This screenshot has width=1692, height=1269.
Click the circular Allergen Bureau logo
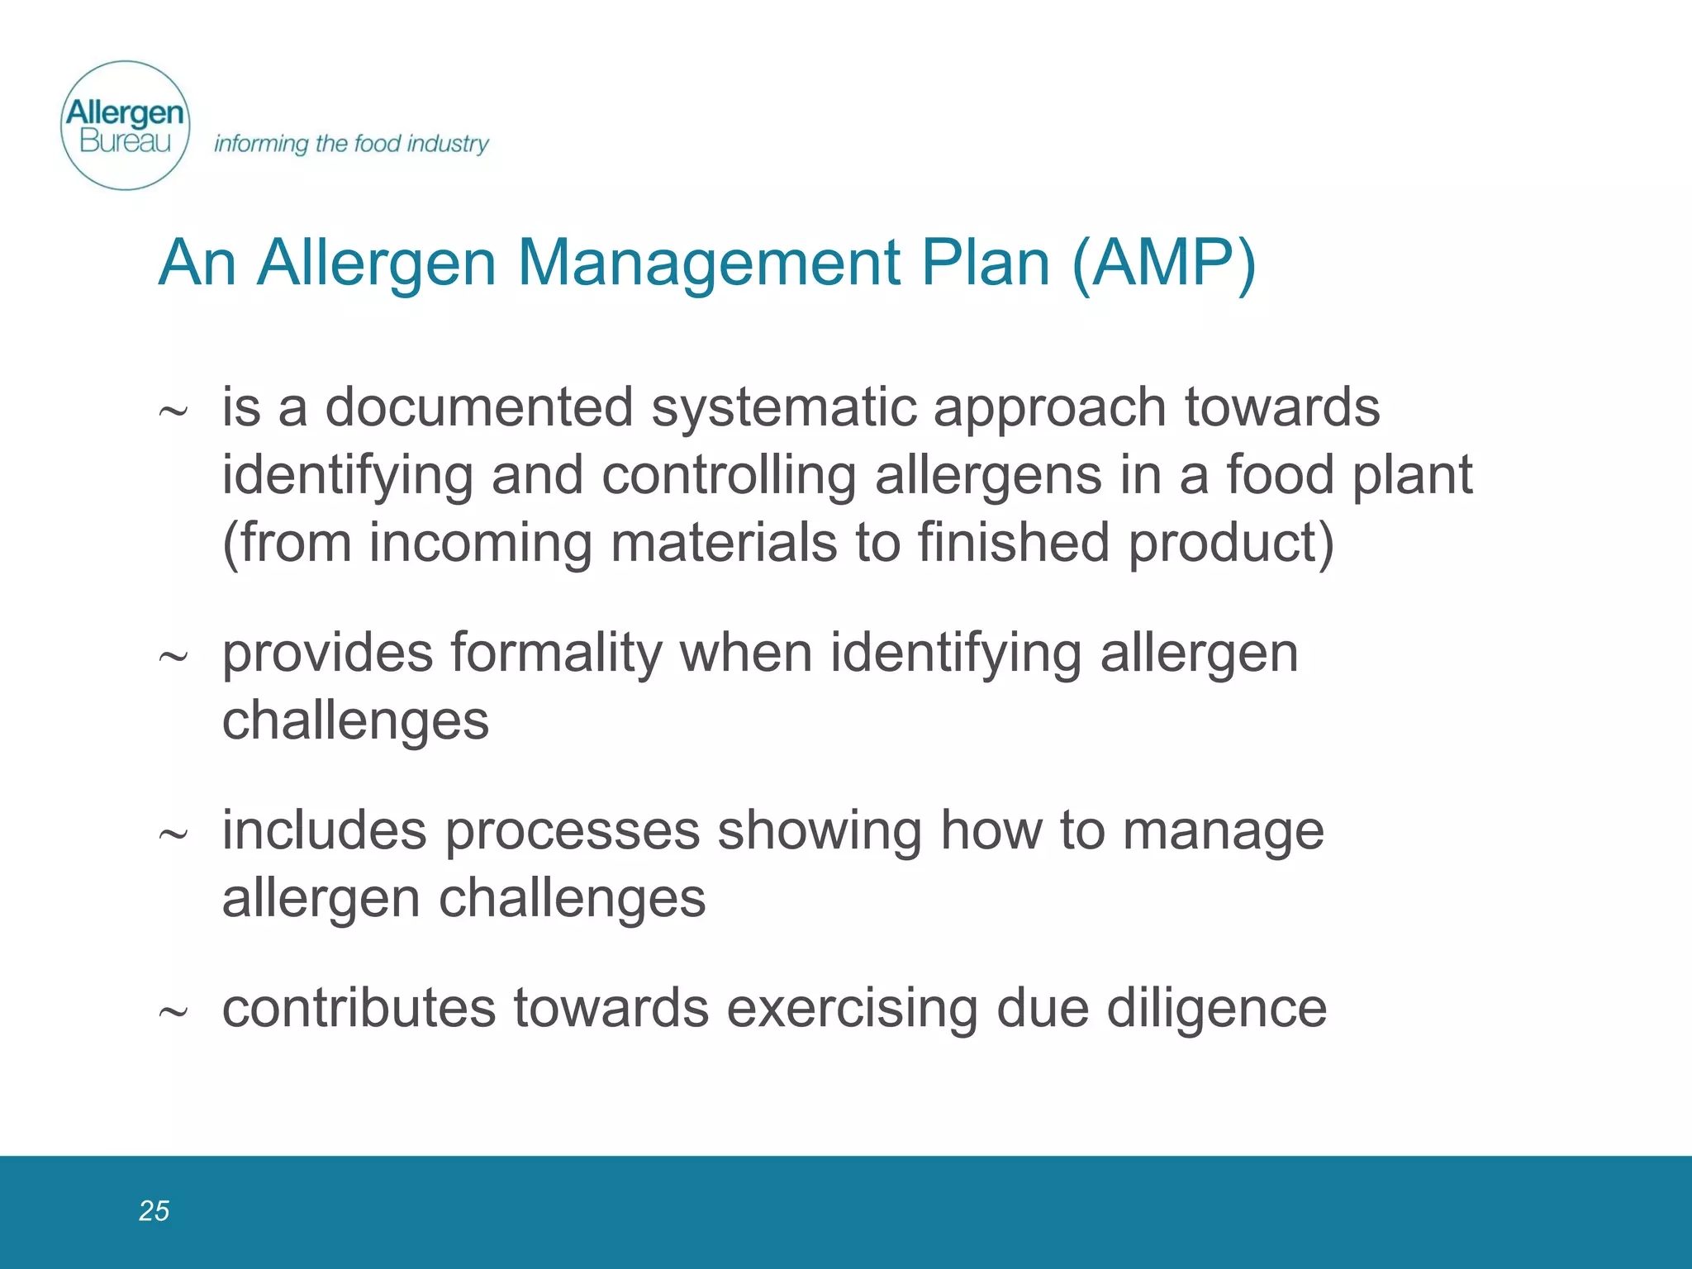tap(126, 126)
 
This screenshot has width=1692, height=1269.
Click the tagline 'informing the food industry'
tap(351, 144)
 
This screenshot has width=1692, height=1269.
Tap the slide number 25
tap(154, 1210)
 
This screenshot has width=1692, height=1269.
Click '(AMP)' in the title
tap(1163, 263)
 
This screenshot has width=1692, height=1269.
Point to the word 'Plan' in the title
tap(985, 263)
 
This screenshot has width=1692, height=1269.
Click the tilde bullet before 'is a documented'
tap(173, 411)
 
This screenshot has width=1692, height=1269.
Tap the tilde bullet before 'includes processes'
tap(173, 834)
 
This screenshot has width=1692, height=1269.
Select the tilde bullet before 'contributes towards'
tap(173, 1011)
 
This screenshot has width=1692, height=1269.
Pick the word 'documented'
tap(479, 407)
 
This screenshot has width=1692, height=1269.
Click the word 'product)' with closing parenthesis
tap(1231, 543)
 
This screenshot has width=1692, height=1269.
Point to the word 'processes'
tap(572, 830)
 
